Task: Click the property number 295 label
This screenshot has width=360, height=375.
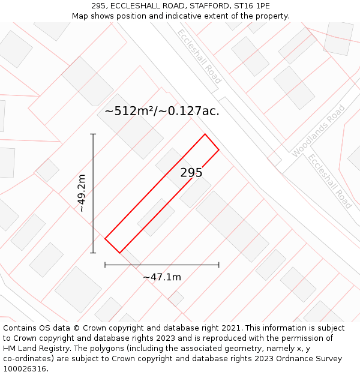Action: click(191, 173)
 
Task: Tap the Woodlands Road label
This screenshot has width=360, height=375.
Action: click(319, 131)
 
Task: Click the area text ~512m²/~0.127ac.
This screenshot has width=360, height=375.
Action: click(162, 111)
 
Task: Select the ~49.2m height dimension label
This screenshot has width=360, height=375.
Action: click(82, 193)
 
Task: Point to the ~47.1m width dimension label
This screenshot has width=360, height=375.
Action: click(162, 277)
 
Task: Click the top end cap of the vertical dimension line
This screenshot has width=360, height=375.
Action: click(93, 134)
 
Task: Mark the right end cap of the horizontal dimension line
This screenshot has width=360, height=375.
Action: click(218, 265)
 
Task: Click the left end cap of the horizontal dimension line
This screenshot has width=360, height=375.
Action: click(105, 265)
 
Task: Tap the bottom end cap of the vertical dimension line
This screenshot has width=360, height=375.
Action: click(93, 253)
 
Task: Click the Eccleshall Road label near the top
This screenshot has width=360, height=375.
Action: click(199, 56)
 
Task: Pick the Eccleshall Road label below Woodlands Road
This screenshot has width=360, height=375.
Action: click(329, 181)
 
